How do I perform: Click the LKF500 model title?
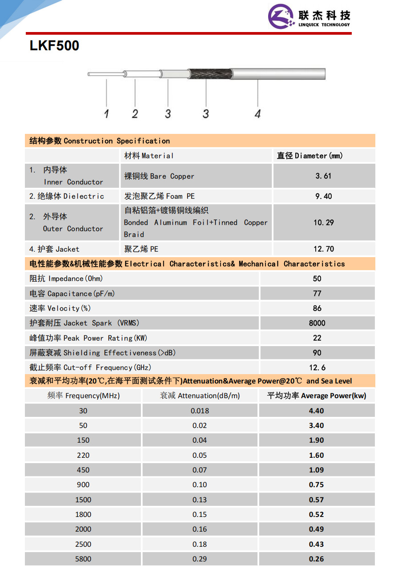pyautogui.click(x=54, y=46)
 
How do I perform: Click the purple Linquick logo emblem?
pyautogui.click(x=281, y=16)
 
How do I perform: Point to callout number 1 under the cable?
pyautogui.click(x=107, y=114)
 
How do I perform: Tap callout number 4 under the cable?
pyautogui.click(x=257, y=114)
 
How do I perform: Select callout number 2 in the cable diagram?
pyautogui.click(x=135, y=114)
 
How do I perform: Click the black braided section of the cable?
pyautogui.click(x=209, y=74)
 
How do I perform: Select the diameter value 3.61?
pyautogui.click(x=323, y=176)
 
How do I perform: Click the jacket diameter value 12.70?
pyautogui.click(x=323, y=249)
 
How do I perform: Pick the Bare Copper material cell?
pyautogui.click(x=159, y=176)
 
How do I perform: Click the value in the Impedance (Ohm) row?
pyautogui.click(x=317, y=278)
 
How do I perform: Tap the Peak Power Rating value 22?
pyautogui.click(x=317, y=338)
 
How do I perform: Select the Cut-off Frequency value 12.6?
pyautogui.click(x=317, y=367)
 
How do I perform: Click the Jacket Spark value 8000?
pyautogui.click(x=317, y=323)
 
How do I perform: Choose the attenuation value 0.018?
pyautogui.click(x=200, y=411)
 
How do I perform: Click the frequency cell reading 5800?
pyautogui.click(x=83, y=559)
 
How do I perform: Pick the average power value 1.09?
pyautogui.click(x=316, y=470)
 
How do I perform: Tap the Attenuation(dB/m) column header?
pyautogui.click(x=200, y=395)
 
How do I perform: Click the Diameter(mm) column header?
pyautogui.click(x=310, y=156)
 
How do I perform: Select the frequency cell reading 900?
pyautogui.click(x=83, y=484)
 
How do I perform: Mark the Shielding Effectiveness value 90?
pyautogui.click(x=317, y=353)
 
